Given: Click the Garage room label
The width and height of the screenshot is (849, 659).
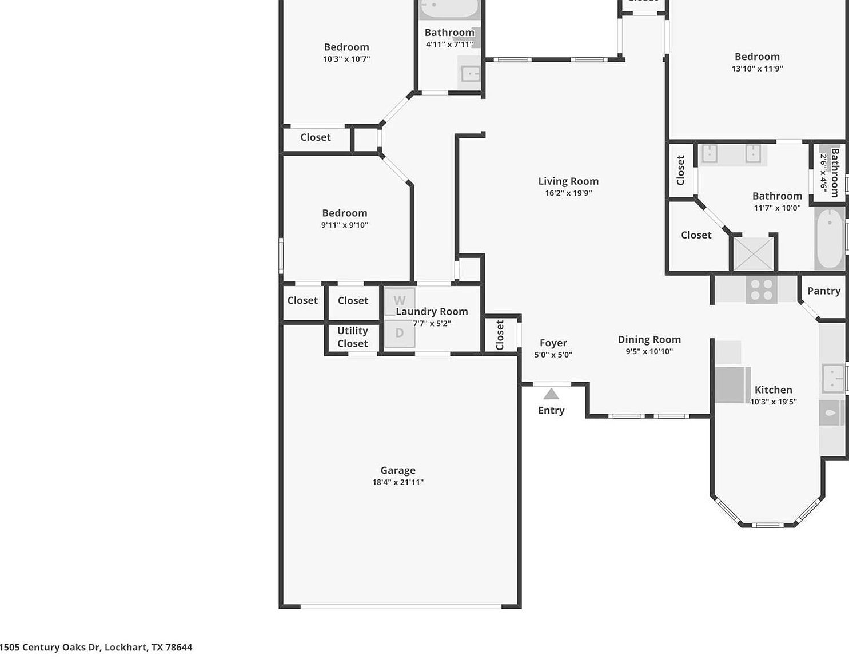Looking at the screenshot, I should click(398, 470).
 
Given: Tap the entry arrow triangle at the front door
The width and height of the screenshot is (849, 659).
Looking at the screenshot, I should click(551, 394).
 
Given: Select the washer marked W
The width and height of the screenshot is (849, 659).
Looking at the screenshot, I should click(399, 301).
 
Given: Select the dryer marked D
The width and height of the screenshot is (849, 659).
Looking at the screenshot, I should click(399, 333).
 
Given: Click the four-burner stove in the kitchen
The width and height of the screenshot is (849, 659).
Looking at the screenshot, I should click(761, 289).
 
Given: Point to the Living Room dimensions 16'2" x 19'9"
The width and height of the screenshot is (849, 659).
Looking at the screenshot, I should click(568, 193).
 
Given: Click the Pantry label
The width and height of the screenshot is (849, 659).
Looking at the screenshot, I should click(824, 291).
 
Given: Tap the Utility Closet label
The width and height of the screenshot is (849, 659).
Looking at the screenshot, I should click(352, 337).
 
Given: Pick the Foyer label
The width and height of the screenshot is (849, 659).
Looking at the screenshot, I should click(553, 343).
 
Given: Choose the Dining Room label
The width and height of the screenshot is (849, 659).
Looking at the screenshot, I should click(649, 339).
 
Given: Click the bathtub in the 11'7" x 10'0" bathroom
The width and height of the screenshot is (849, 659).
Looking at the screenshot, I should click(829, 239).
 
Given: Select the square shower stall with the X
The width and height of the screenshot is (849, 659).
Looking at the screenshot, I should click(753, 254).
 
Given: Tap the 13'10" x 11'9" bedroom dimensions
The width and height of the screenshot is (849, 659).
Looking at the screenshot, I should click(757, 69).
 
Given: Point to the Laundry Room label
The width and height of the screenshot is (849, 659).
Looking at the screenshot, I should click(432, 311).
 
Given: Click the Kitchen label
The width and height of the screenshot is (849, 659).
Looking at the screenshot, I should click(773, 390).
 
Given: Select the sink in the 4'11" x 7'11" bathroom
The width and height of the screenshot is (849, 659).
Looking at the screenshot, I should click(471, 74).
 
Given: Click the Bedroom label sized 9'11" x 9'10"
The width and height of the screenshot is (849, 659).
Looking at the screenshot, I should click(344, 213).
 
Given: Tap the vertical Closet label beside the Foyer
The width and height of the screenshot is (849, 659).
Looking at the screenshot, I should click(500, 335).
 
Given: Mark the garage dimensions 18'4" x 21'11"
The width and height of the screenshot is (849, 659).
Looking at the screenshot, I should click(398, 482).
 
